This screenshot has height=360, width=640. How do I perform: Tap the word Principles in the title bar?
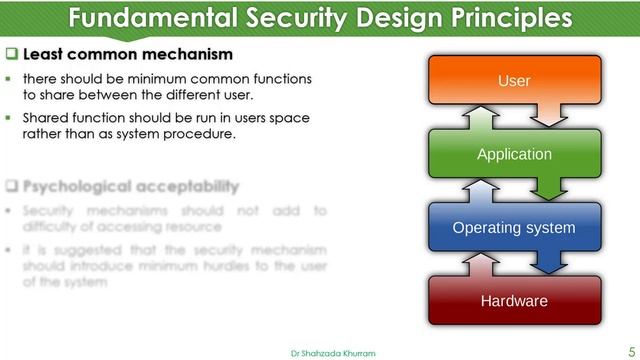(508, 20)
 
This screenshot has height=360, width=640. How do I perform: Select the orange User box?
(514, 79)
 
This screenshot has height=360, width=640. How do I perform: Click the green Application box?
(514, 154)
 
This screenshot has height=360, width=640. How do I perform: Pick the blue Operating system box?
(514, 228)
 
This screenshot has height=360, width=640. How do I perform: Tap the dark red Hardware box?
(514, 300)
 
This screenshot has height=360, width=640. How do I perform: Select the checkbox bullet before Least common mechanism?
(11, 54)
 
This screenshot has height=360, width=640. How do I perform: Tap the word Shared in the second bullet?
(46, 118)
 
